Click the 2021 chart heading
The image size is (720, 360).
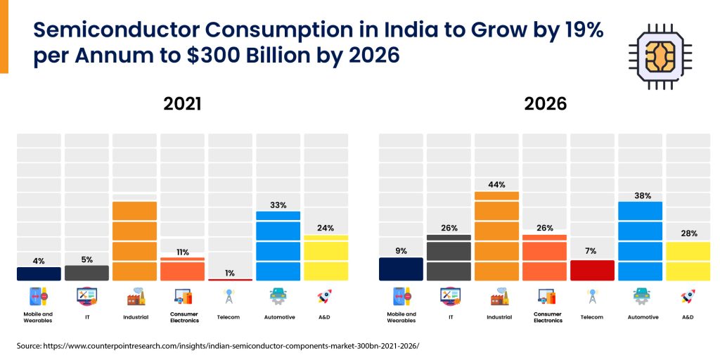coord(182,104)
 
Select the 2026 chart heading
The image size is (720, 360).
coord(545,104)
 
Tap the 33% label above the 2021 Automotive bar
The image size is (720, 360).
coord(278,205)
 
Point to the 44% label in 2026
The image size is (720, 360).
coord(496,185)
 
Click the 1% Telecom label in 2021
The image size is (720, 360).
coord(230,273)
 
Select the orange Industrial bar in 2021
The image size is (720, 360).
coord(134,241)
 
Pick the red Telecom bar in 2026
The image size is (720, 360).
coord(592,270)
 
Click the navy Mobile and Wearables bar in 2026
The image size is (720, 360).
coord(401,269)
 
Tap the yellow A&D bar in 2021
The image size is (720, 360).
coord(326,258)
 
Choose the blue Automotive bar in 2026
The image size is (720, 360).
coord(640,241)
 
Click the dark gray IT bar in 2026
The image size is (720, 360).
coord(449,258)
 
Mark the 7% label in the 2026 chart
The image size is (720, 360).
coord(592,251)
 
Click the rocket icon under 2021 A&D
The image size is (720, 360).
coord(325,297)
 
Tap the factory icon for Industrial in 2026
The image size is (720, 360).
coord(497,297)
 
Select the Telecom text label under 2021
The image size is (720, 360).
coord(229,317)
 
